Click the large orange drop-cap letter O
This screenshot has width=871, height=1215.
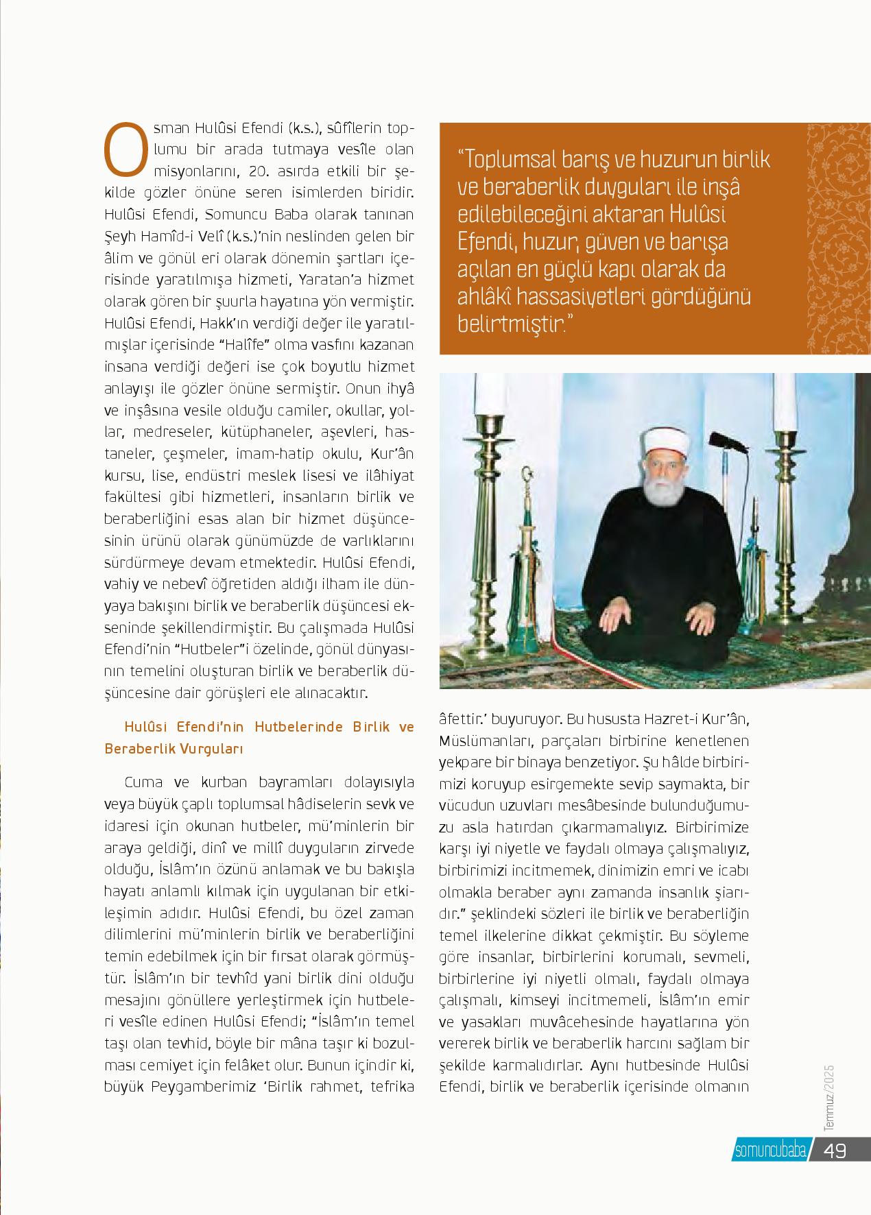click(x=124, y=149)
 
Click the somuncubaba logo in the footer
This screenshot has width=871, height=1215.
click(x=769, y=1151)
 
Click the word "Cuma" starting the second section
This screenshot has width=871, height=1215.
click(x=141, y=782)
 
